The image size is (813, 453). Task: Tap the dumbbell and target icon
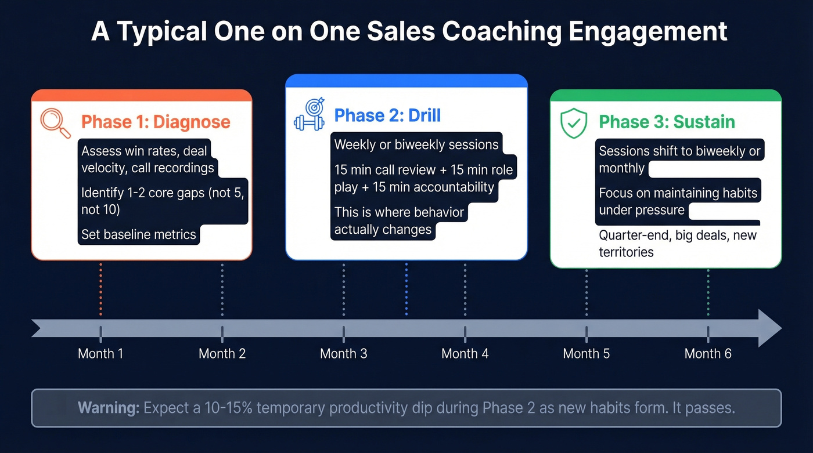308,114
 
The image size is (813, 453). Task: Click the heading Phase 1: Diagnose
156,122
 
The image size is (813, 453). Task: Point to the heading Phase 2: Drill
387,115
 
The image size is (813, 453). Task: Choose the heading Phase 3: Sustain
667,122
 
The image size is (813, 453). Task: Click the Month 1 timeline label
100,353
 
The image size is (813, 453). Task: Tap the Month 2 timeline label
222,353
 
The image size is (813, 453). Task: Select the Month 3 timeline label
343,353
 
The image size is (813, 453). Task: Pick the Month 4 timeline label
465,353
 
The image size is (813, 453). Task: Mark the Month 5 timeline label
586,353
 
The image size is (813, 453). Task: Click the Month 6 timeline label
707,353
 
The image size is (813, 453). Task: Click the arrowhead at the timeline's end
770,328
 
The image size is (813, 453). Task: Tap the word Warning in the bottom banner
108,408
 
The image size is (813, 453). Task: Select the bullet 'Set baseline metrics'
139,235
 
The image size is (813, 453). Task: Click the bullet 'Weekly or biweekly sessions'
416,144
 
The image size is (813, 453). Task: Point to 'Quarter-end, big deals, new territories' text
677,244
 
